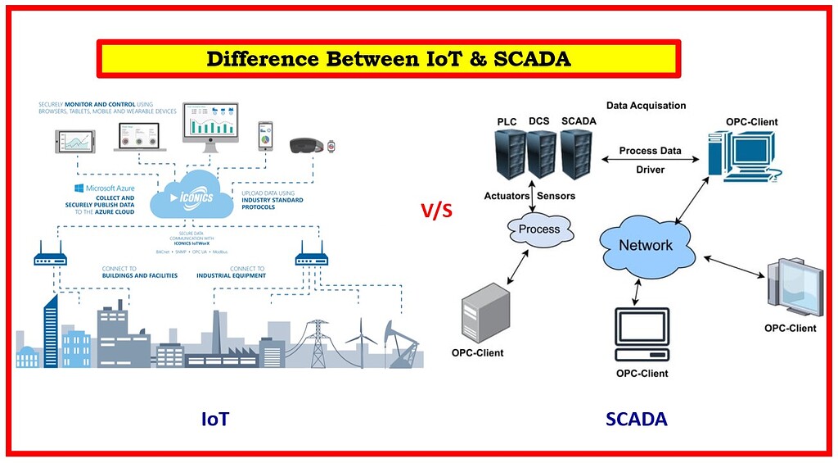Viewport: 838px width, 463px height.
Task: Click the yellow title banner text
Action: tap(389, 59)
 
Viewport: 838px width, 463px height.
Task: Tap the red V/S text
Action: tap(437, 211)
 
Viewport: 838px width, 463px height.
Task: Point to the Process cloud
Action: tap(539, 229)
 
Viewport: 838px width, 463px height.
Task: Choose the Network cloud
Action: tap(646, 244)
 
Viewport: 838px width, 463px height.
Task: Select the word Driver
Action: tap(651, 170)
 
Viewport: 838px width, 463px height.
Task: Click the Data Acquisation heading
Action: tap(646, 106)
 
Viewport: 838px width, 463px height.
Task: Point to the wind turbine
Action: tap(361, 343)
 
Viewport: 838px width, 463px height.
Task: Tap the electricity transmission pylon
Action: tap(317, 343)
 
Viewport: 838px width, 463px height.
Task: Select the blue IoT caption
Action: tap(215, 420)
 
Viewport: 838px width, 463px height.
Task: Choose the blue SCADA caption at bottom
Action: tap(636, 420)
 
